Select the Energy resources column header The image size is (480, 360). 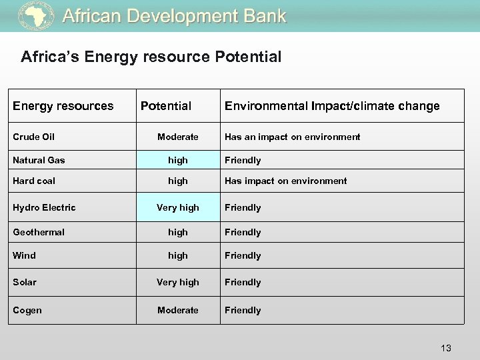pos(63,105)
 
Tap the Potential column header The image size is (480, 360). pos(165,105)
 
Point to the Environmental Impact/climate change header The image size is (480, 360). pos(332,105)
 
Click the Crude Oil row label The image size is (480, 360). pos(34,137)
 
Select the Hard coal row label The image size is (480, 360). pos(35,181)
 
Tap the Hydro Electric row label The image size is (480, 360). pos(45,207)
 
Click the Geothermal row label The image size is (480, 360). pos(39,232)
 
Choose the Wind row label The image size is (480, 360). pos(25,255)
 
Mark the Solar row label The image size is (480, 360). pos(25,282)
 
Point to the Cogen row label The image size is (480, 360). pos(27,310)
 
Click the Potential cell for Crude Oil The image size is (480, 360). pos(178,137)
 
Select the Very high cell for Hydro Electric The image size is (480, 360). pos(178,207)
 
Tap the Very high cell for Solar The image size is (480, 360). pos(178,282)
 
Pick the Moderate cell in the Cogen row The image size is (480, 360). pos(178,310)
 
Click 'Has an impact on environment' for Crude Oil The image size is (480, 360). pos(292,137)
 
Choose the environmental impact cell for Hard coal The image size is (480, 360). pos(285,181)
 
